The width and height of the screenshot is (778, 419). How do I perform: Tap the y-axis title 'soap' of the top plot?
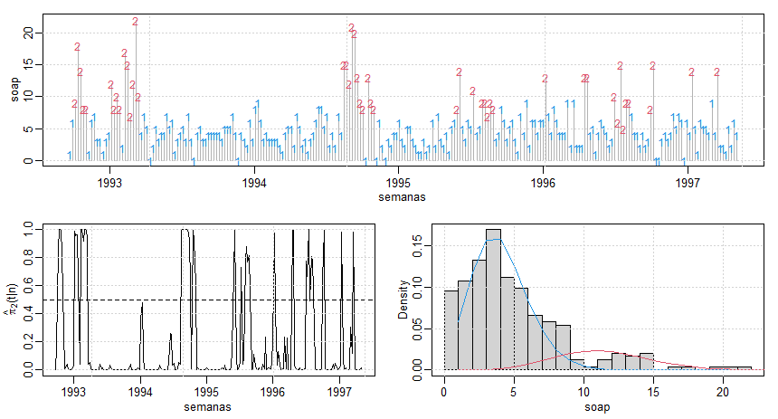point(15,91)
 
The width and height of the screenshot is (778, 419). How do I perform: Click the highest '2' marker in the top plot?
point(135,22)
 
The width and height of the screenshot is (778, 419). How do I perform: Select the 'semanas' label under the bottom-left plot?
point(206,407)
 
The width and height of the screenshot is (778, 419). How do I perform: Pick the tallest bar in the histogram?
point(493,299)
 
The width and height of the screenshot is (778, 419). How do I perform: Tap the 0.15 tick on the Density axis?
point(426,244)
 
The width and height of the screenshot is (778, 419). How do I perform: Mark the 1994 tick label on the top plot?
point(254,182)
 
